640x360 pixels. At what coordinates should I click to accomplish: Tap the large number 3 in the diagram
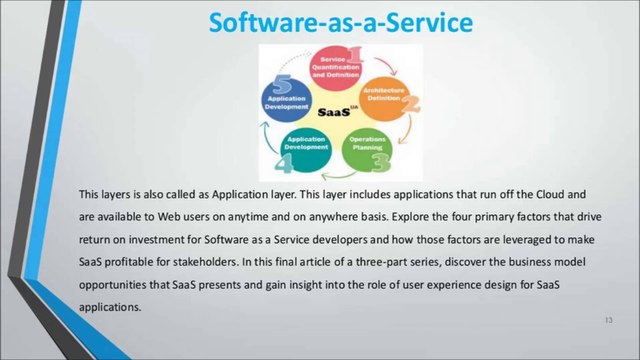(x=381, y=160)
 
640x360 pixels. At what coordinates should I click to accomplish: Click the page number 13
(x=608, y=319)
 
